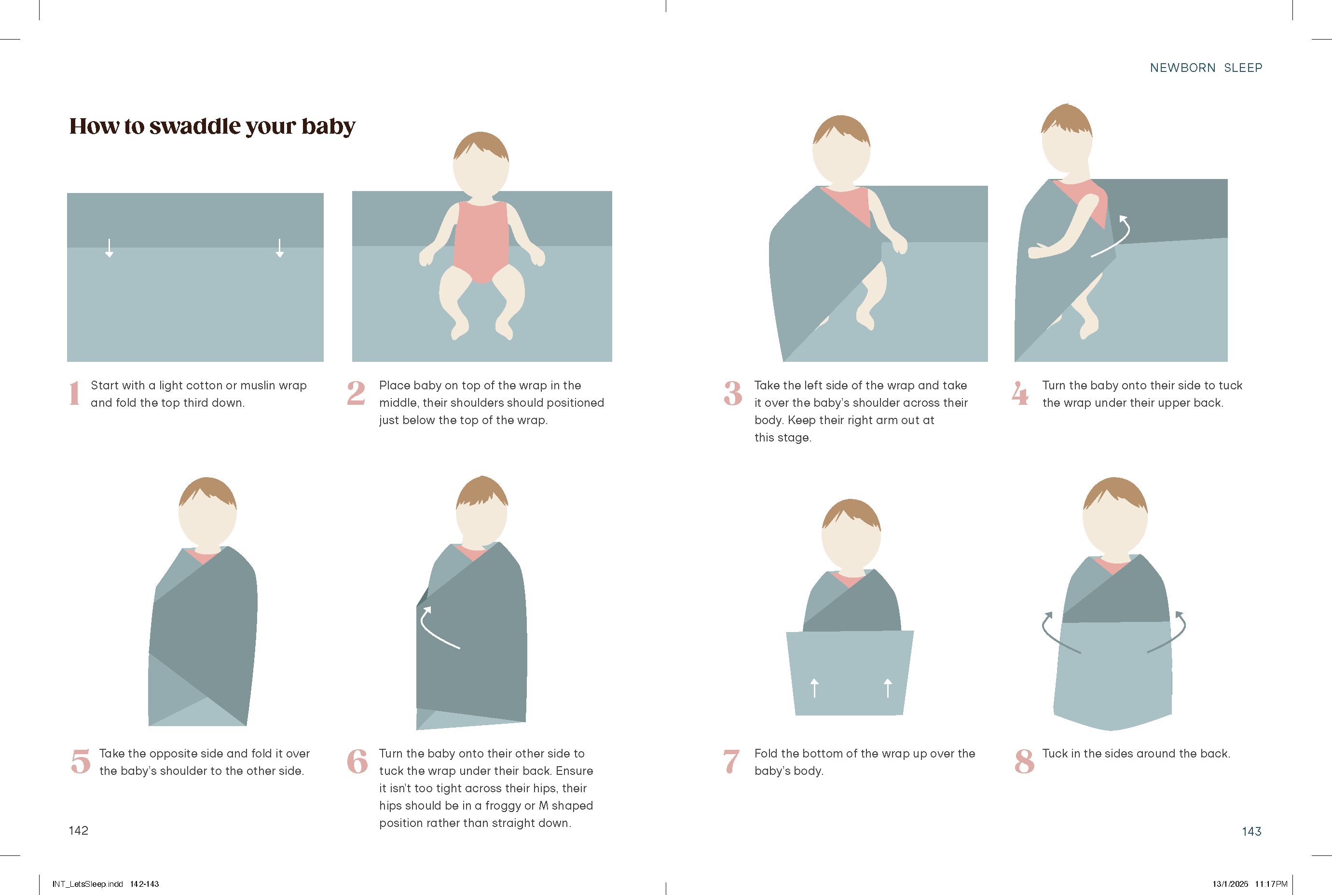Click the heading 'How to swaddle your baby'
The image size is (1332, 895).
point(212,126)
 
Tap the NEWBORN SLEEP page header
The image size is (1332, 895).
point(1206,68)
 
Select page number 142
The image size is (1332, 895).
point(79,830)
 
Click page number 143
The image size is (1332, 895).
point(1251,831)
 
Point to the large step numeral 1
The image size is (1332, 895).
point(74,393)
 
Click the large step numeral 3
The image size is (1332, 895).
point(733,393)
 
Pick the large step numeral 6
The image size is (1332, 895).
point(357,761)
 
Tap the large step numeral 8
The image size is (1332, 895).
point(1024,761)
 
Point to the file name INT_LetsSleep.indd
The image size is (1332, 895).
point(87,884)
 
